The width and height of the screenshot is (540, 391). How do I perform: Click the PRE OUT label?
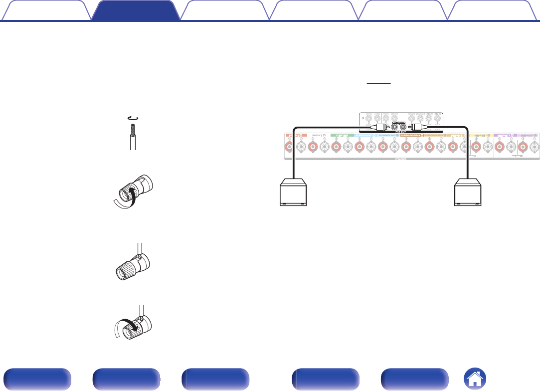click(394, 132)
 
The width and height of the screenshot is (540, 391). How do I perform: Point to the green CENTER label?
click(341, 135)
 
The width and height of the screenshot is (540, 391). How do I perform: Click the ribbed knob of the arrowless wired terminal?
click(124, 272)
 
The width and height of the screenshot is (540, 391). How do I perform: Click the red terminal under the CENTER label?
click(336, 147)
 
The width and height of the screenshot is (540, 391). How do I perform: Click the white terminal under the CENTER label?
click(347, 147)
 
